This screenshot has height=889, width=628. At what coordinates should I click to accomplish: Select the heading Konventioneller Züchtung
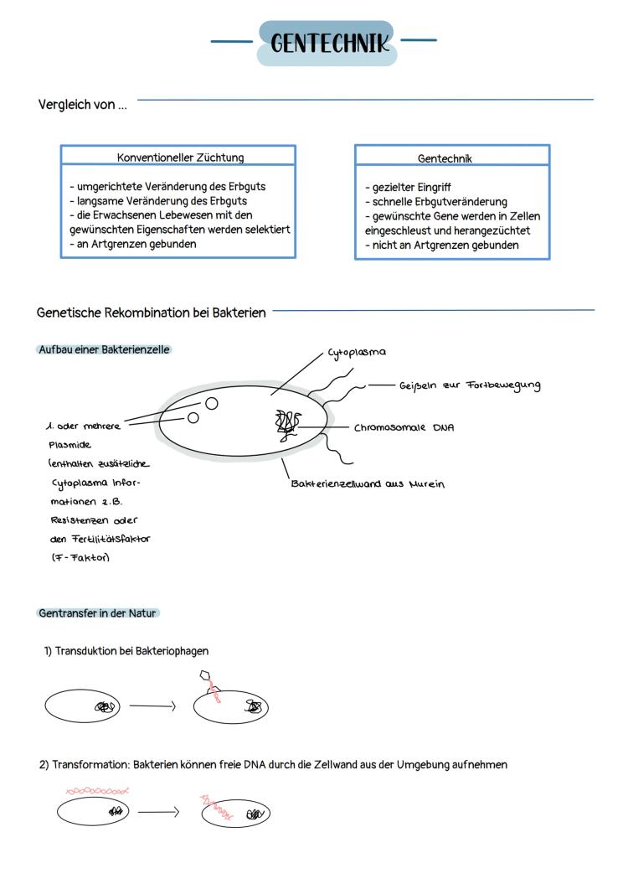pos(180,158)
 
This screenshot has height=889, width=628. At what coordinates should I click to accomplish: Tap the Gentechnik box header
pos(445,158)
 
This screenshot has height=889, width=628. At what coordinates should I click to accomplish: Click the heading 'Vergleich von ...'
pos(83,105)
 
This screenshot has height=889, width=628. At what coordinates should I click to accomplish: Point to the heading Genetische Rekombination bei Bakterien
pos(152,313)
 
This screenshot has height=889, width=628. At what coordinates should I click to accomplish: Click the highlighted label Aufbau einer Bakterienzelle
pos(105,349)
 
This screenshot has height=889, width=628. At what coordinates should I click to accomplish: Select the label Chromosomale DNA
pos(404,427)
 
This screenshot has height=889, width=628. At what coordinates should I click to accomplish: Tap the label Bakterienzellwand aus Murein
pos(368,483)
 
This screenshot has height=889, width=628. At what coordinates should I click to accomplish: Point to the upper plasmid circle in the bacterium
pos(212,404)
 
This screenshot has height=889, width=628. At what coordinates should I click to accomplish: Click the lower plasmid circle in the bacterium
pos(193,418)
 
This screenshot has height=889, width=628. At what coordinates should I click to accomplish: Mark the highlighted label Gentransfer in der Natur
pos(98,613)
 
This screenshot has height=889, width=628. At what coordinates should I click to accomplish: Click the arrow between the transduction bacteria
pos(152,706)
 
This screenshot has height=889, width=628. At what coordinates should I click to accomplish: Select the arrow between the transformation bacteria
pos(158,812)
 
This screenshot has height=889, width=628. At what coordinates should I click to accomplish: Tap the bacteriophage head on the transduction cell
pos(206,675)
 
